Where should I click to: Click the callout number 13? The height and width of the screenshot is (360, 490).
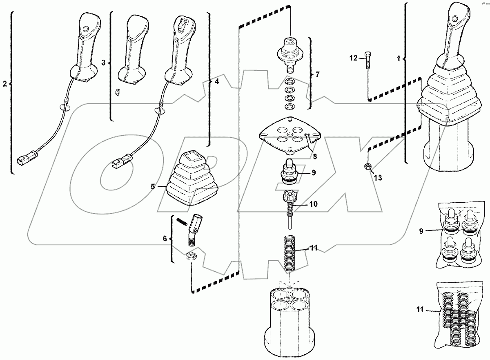[x=378, y=177]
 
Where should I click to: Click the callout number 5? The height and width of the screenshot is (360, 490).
[x=153, y=187]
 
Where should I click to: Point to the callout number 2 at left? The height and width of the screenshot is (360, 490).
[x=5, y=84]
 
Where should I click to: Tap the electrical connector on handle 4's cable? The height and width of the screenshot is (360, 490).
[x=120, y=163]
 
